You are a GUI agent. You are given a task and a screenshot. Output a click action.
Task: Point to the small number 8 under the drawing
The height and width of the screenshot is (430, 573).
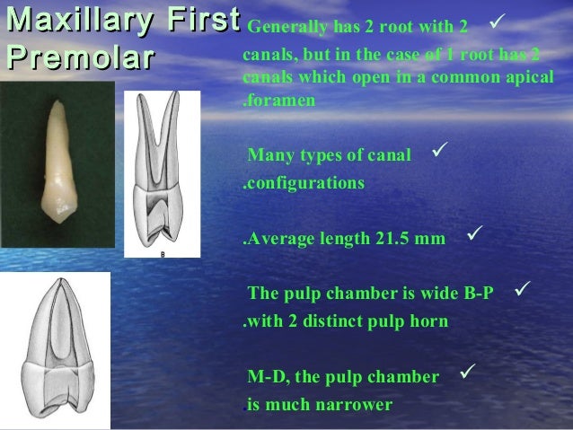[x=163, y=254]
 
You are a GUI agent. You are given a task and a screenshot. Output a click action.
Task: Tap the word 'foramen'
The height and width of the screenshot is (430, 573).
[x=281, y=101]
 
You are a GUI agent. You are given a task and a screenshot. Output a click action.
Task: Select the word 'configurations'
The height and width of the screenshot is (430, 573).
[x=305, y=183]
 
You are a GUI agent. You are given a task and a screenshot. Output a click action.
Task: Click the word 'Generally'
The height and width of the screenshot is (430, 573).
[x=280, y=22]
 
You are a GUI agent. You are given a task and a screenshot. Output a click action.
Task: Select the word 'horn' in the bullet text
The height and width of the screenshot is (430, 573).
[x=430, y=321]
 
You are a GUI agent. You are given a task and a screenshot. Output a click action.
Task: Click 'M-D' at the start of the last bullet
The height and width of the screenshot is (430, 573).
[x=265, y=376]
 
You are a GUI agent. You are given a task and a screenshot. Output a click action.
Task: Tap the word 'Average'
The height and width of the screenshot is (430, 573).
[x=278, y=240]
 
